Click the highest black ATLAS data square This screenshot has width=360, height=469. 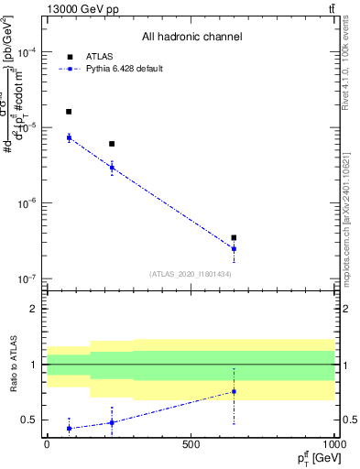(69, 112)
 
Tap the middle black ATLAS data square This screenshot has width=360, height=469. (112, 144)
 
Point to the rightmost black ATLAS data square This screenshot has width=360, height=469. (234, 237)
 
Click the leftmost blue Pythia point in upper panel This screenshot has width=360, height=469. (69, 137)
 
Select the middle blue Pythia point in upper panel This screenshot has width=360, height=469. (112, 168)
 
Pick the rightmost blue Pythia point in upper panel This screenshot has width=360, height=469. (234, 248)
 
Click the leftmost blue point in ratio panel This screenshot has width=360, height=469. (69, 428)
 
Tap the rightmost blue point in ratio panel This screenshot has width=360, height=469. (234, 391)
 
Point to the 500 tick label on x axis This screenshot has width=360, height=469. (191, 443)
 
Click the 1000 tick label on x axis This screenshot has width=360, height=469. (333, 443)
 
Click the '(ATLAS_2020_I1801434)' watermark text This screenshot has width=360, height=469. (191, 274)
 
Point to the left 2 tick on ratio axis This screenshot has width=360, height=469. (34, 309)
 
